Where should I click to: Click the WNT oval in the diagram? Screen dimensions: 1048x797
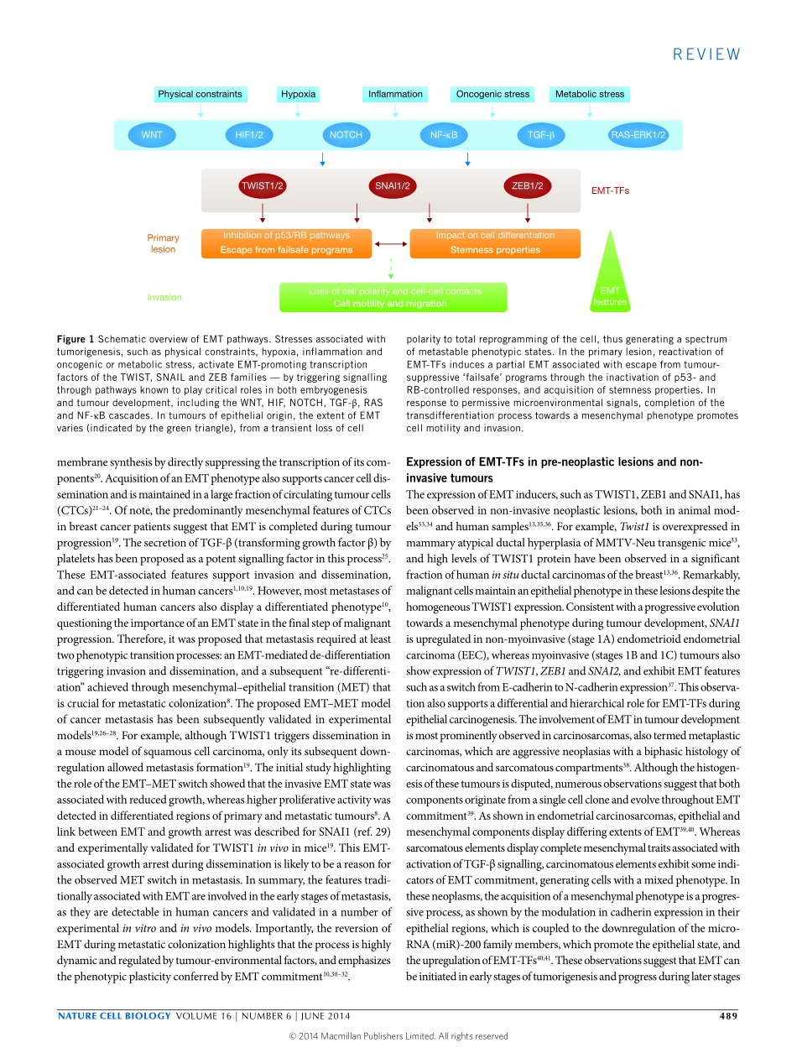152,134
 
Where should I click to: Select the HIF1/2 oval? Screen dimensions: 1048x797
249,134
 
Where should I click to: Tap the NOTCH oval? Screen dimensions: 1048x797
346,134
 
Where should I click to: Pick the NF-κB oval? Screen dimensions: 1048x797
443,134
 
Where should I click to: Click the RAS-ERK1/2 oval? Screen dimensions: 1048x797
638,134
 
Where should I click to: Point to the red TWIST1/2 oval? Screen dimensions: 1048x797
263,185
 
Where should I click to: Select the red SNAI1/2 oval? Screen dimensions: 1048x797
392,185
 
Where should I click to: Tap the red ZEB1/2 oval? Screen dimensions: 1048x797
527,185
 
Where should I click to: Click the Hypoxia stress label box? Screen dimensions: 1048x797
299,94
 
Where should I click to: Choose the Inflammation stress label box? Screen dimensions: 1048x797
395,94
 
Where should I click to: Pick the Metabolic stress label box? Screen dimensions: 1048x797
590,94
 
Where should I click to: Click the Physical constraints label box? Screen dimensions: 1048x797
200,94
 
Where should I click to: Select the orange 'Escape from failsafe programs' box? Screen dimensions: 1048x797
286,242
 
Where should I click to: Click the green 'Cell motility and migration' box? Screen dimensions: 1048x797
393,297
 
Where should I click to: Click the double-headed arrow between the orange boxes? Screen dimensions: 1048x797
390,243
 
